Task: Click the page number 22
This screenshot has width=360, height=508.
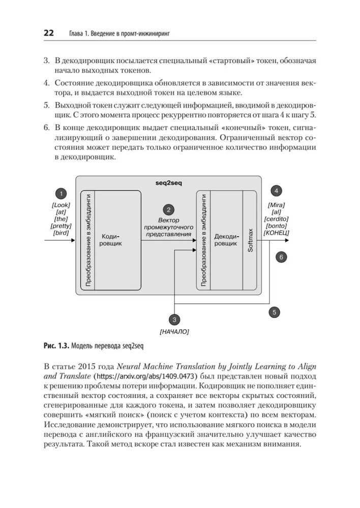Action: [x=48, y=33]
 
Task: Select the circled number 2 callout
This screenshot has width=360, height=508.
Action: [x=168, y=209]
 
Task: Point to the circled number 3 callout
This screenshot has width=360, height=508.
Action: [x=174, y=320]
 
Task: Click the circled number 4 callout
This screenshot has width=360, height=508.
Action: [x=276, y=191]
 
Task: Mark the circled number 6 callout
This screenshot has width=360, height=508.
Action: [x=280, y=257]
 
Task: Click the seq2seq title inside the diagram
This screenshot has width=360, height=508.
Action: [x=168, y=182]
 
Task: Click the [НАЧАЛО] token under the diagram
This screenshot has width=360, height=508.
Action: [x=174, y=332]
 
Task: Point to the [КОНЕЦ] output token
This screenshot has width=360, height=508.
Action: [x=277, y=233]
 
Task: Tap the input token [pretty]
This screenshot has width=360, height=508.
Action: [x=61, y=226]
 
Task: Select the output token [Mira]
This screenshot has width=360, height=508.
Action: [x=277, y=205]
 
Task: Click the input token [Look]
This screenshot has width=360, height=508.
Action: [x=61, y=205]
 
